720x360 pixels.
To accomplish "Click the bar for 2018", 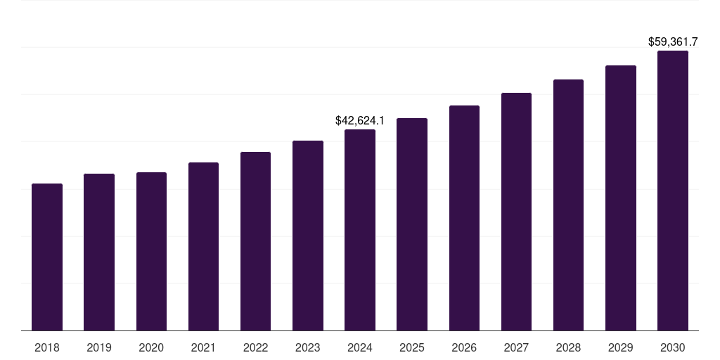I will (47, 257).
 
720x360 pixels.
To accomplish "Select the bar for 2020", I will (151, 251).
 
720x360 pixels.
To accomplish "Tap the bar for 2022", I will (255, 241).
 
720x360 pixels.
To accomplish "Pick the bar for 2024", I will (360, 230).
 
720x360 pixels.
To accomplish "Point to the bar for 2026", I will (464, 218).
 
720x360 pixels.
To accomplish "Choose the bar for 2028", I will (568, 205).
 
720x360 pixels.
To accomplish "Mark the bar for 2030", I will (673, 191).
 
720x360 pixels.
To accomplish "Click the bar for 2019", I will (99, 252).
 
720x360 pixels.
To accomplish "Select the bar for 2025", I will (412, 224).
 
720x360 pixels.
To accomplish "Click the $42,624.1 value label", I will (360, 121).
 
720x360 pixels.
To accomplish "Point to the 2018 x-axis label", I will (47, 347).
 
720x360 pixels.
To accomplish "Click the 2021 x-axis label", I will (203, 347).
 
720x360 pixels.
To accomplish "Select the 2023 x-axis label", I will (308, 347).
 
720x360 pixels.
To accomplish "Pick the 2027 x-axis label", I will (516, 347).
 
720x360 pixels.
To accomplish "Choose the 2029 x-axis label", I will (621, 347).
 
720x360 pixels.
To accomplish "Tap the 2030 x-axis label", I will (673, 347).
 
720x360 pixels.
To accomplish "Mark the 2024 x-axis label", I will (360, 347).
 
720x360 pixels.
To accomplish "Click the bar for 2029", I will (621, 198).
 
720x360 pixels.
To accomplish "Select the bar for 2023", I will (308, 236).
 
